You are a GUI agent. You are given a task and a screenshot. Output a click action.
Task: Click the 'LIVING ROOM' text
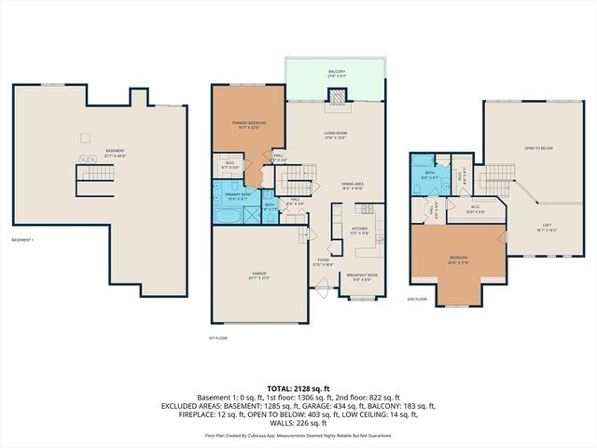click(336, 135)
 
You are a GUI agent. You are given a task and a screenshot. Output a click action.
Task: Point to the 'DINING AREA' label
click(352, 186)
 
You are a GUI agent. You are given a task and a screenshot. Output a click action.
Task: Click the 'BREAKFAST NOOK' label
click(360, 276)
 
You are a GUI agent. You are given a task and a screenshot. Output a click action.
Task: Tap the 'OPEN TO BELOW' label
click(539, 147)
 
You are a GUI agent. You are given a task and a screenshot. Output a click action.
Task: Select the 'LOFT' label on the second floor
click(546, 225)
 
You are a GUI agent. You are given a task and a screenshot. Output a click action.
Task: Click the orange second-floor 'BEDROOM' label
click(458, 259)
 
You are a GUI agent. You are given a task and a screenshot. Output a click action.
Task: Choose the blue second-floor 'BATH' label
click(430, 174)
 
